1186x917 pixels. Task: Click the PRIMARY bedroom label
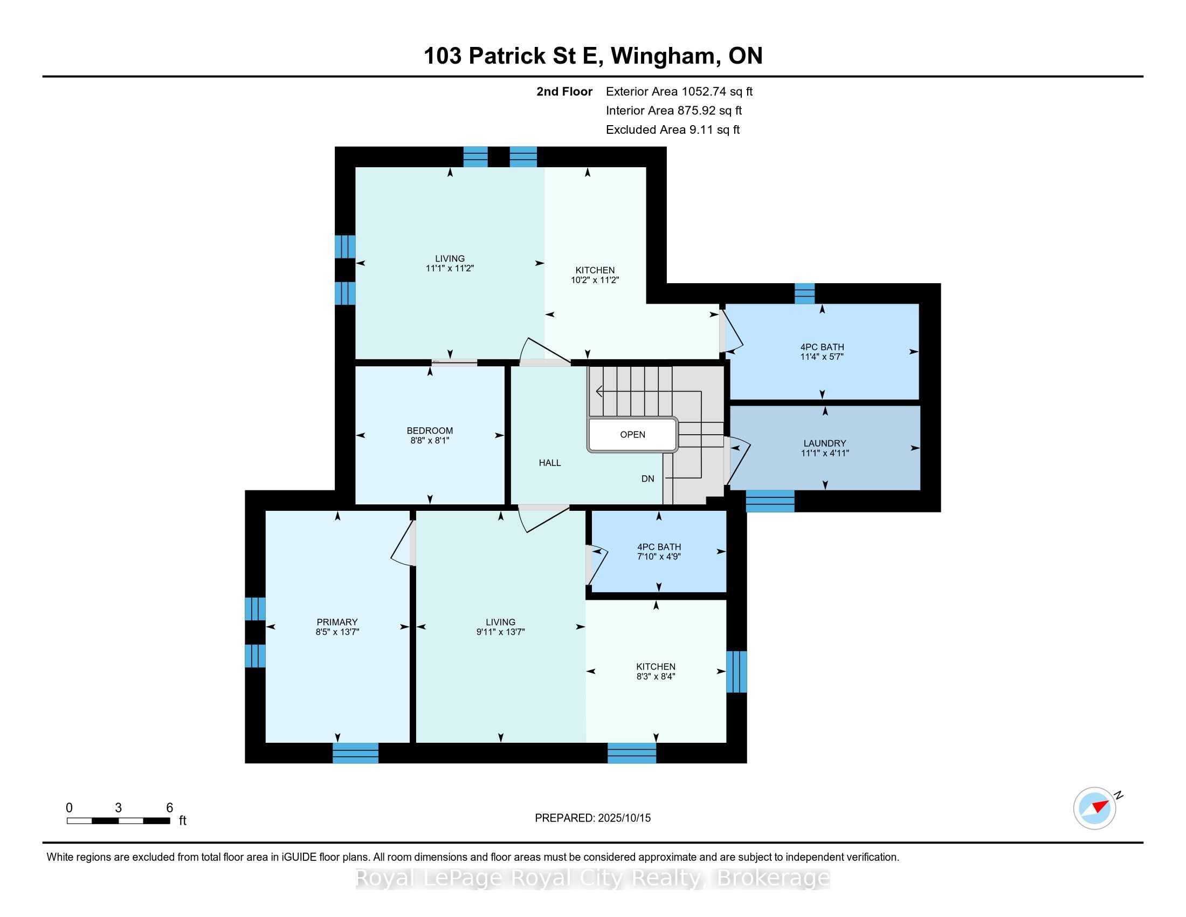[337, 622]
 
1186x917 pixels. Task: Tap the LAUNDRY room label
[825, 443]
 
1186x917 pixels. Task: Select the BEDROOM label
[430, 431]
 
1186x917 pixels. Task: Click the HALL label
[549, 463]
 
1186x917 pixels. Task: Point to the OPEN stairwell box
[633, 435]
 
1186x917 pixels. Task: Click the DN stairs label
[648, 478]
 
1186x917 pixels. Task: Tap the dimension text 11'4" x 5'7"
[822, 357]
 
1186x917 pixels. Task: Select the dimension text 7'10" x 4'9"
[659, 557]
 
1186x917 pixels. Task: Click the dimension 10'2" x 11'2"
[595, 280]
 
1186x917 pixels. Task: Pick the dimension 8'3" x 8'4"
[656, 676]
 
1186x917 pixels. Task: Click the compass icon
[1095, 808]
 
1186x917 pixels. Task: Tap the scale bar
[119, 821]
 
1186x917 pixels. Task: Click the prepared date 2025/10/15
[623, 818]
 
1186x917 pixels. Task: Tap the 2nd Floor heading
[564, 92]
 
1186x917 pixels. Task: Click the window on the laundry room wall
[770, 501]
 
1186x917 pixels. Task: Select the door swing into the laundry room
[738, 461]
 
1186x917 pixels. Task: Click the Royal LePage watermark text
[593, 878]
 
